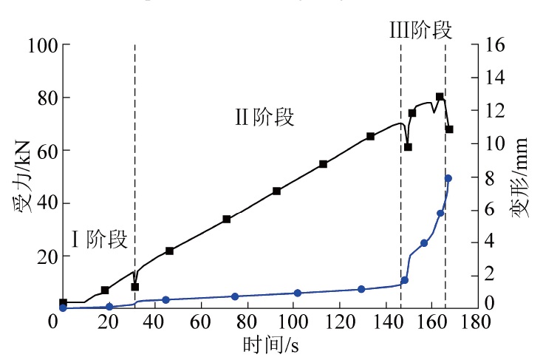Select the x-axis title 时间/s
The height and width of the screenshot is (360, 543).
click(270, 345)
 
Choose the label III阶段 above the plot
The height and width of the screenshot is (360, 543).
click(420, 30)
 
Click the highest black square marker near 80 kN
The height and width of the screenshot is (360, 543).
click(440, 97)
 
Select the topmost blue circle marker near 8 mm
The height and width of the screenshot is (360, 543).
click(448, 178)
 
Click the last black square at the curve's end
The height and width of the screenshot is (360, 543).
click(448, 129)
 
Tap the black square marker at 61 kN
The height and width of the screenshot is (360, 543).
click(408, 147)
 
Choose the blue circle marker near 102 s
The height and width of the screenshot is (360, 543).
click(298, 293)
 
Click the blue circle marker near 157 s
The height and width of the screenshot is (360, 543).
click(424, 243)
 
